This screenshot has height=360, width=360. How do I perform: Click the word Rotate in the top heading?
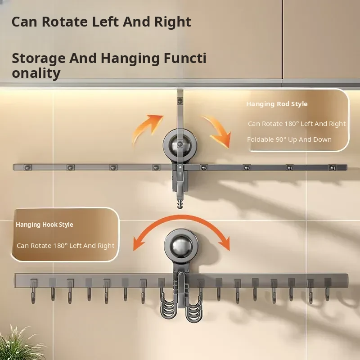click(x=65, y=22)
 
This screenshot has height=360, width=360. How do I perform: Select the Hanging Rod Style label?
click(x=277, y=104)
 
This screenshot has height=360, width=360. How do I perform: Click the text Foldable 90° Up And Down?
click(x=289, y=139)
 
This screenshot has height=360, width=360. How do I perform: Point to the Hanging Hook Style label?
click(x=44, y=225)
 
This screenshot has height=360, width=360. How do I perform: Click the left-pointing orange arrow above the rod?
click(x=147, y=129)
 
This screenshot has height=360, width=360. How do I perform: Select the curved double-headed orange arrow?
click(x=181, y=216)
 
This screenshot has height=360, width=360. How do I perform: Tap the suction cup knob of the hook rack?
click(x=181, y=246)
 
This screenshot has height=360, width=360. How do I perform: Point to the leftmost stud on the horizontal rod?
click(x=27, y=168)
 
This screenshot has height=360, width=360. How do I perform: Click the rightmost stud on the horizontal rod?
click(x=333, y=168)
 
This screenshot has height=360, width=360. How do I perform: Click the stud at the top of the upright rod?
click(x=180, y=100)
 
